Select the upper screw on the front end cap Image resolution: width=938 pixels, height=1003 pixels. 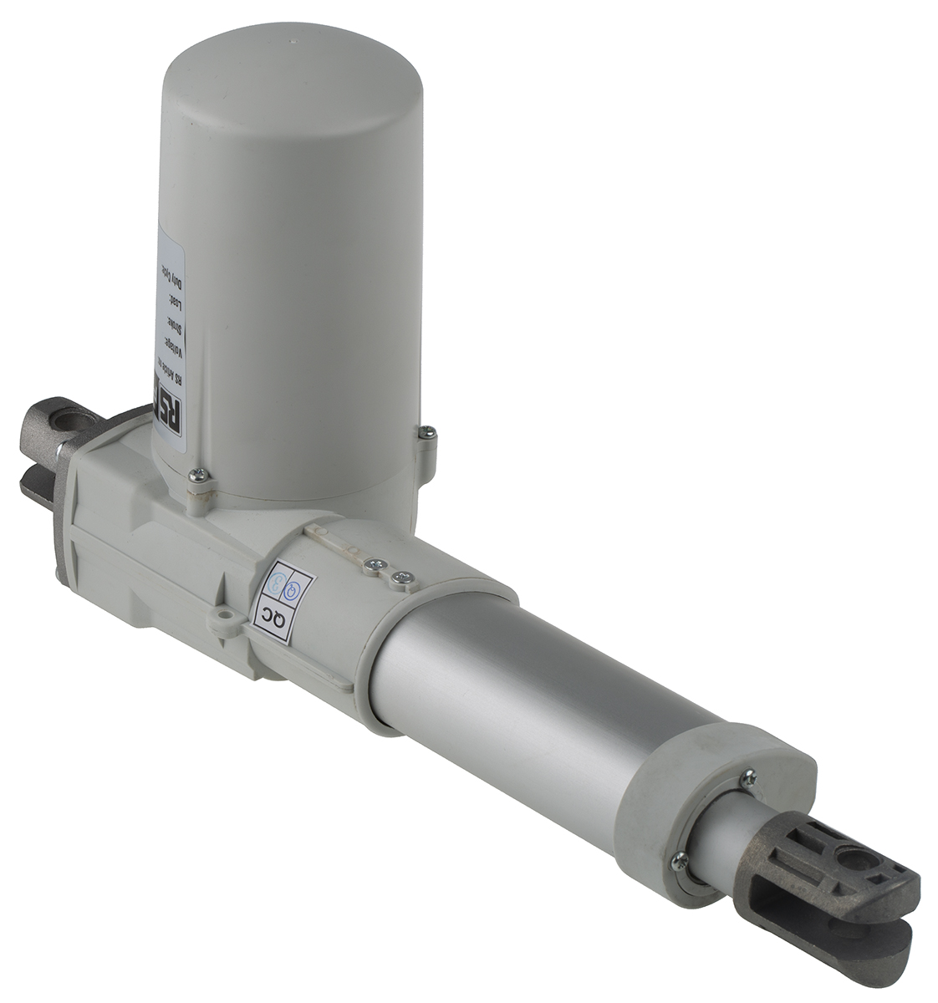tap(749, 776)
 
